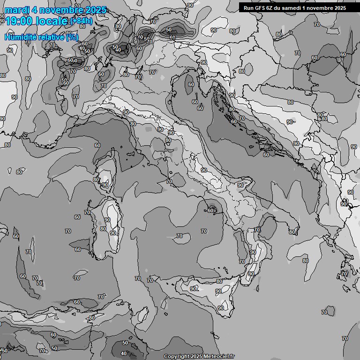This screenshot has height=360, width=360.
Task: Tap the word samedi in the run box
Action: point(293,7)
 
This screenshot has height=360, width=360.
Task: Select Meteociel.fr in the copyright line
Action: point(218,356)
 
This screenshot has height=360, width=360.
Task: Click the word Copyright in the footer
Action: point(176,356)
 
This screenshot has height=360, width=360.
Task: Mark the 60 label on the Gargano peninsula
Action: point(210,210)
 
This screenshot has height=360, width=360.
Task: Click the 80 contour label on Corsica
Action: point(96,180)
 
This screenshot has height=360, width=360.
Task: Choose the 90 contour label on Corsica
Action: point(105,185)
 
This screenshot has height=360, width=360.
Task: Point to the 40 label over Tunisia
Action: point(124,354)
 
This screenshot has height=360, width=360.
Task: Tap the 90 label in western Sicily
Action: point(193,289)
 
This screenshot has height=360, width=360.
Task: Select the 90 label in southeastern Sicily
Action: point(221,308)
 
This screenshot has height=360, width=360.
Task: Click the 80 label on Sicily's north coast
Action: point(219,281)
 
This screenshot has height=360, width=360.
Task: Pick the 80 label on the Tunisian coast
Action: point(92,317)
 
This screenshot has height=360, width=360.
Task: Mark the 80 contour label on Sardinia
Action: point(103,229)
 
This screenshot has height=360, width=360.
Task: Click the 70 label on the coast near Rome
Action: point(169,181)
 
